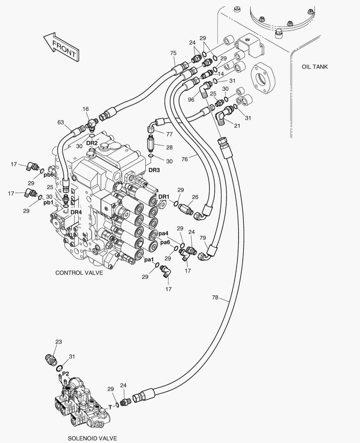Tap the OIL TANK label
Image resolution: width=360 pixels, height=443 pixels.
click(314, 67)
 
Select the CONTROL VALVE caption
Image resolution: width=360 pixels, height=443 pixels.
click(79, 272)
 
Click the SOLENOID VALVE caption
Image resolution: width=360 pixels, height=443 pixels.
click(92, 438)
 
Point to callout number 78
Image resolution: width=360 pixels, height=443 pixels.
click(215, 298)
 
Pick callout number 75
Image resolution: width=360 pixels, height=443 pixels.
click(173, 53)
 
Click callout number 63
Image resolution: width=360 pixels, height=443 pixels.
click(60, 122)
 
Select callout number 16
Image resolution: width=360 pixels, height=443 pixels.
click(85, 109)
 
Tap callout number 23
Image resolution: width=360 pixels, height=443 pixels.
click(58, 342)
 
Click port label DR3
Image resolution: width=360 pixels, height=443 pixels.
click(154, 170)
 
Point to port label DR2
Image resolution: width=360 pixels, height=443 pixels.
click(92, 143)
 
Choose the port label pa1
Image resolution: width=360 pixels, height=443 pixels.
click(149, 260)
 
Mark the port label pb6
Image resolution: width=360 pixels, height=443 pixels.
click(49, 174)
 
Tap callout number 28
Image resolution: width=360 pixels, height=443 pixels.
click(170, 146)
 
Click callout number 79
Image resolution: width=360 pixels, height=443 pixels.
click(202, 238)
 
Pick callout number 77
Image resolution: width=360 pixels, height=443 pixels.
click(170, 134)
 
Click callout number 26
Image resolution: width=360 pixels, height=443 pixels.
click(195, 197)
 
